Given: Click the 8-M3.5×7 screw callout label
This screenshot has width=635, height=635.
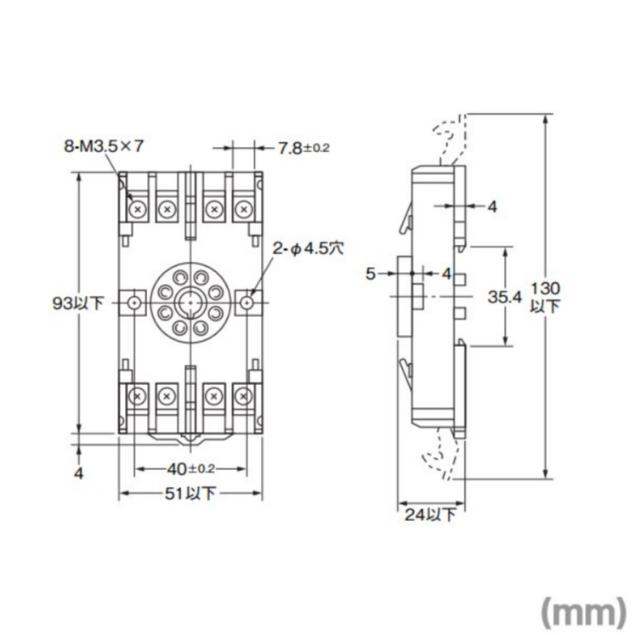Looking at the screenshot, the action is coord(104,146).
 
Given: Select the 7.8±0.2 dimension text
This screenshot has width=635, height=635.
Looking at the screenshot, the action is coord(303,148).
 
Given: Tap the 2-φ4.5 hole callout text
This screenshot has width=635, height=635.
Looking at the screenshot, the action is coord(308,248).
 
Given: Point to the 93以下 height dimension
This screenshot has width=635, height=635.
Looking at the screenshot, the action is coord(78,303).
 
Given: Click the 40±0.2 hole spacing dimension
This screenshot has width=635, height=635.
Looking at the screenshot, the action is coord(190,469).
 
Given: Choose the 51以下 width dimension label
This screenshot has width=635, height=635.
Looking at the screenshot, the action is coord(190,493).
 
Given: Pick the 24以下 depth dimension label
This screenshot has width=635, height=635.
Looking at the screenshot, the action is coord(431,515).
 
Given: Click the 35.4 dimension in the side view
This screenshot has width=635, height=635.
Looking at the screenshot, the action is coord(505,297).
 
